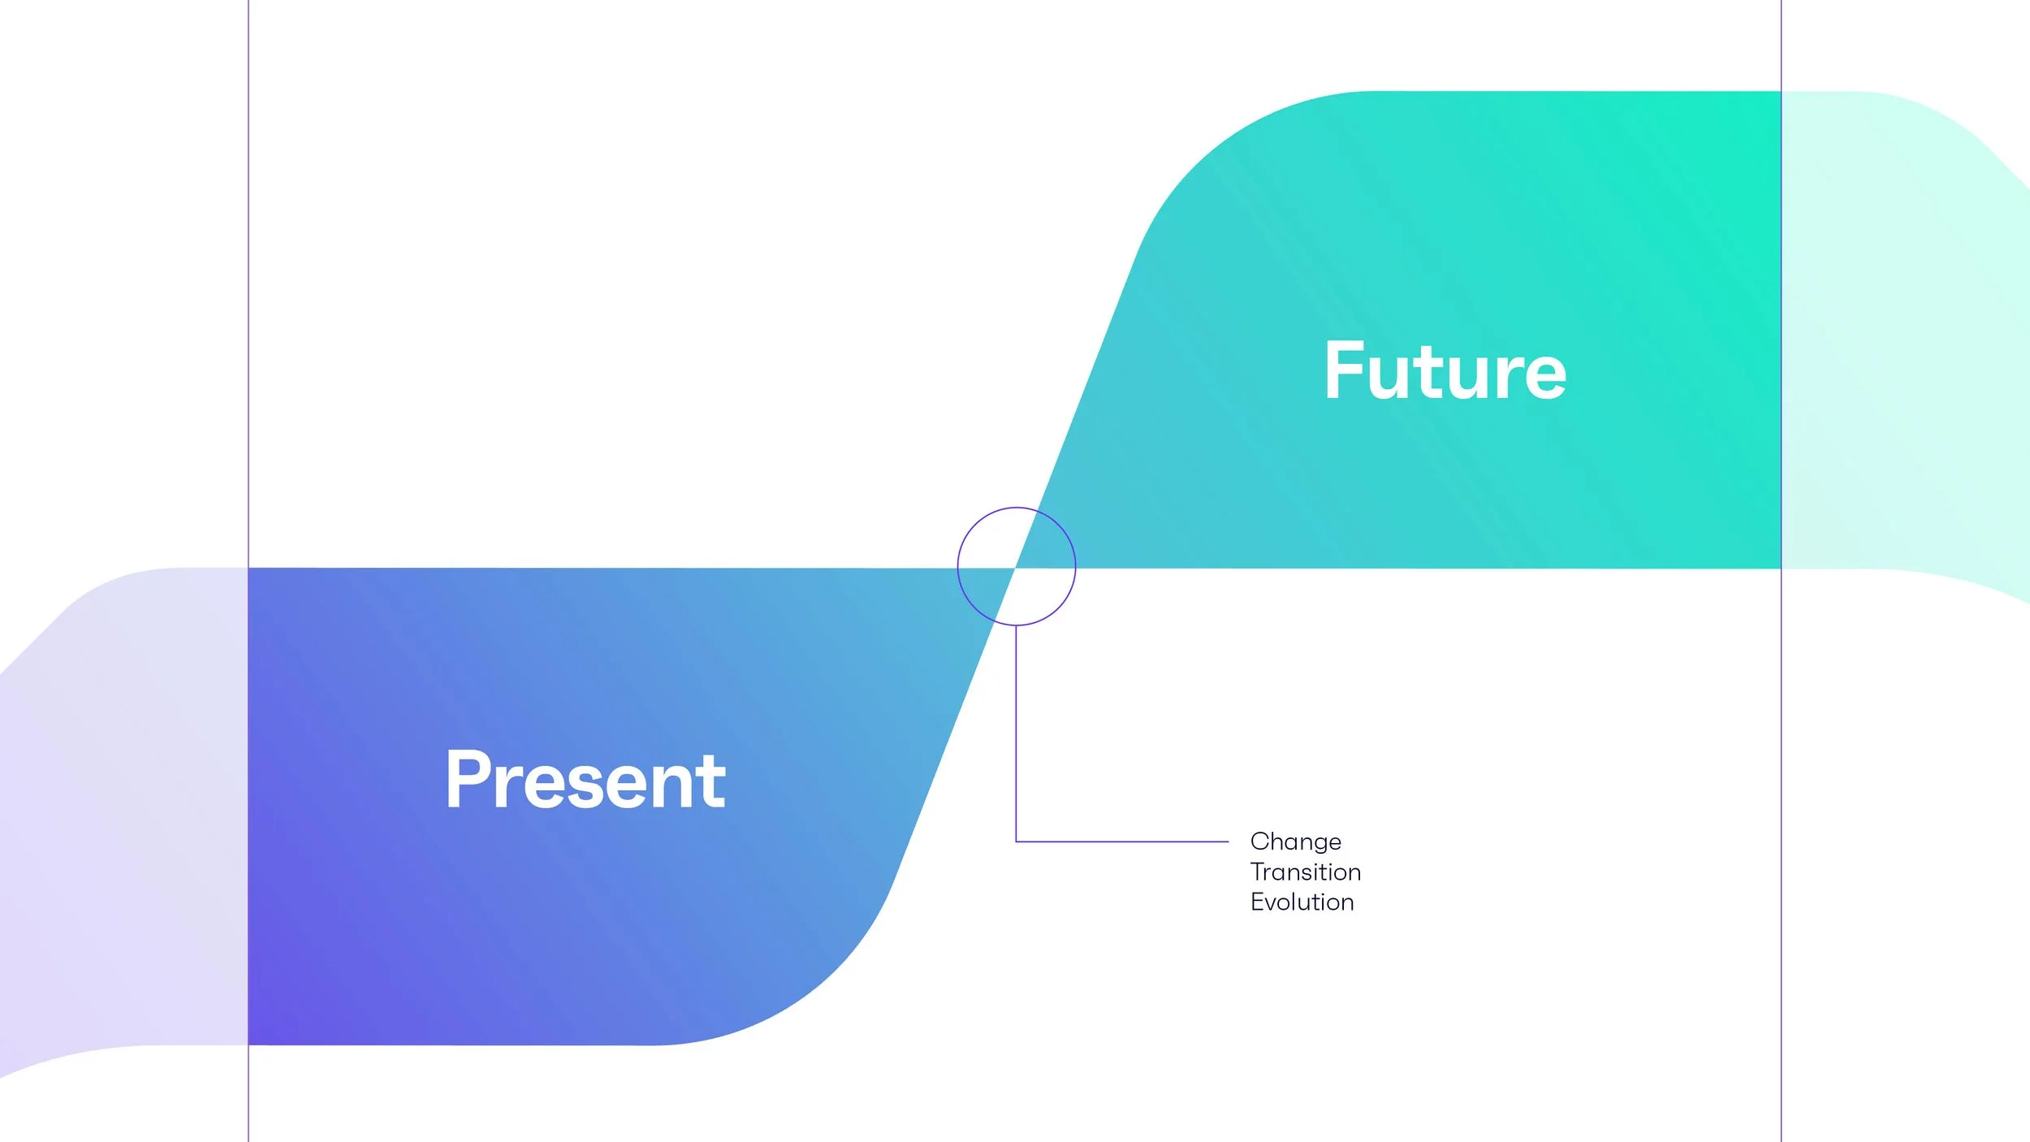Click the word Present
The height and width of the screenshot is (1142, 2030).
tap(585, 781)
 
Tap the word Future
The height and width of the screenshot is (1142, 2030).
tap(1445, 372)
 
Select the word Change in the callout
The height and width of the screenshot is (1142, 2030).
tap(1295, 841)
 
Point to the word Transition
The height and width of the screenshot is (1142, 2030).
tap(1305, 872)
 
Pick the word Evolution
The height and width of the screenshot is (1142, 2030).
tap(1302, 902)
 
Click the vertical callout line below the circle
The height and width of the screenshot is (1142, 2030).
tap(1016, 731)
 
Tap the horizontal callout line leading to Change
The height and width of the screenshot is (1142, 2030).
tap(1121, 841)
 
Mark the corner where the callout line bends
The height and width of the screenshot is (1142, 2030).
tap(1017, 841)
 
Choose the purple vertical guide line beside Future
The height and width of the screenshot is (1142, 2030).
tap(1781, 731)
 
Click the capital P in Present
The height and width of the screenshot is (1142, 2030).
tap(465, 780)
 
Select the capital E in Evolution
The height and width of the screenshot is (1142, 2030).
tap(1257, 902)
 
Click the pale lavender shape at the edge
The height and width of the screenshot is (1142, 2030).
tap(122, 812)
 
